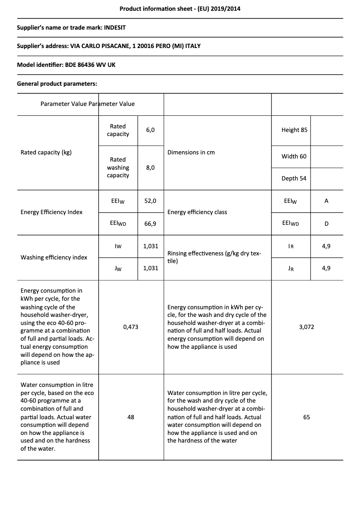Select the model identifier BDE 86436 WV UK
click(x=90, y=65)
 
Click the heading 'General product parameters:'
click(x=57, y=83)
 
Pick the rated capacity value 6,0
click(x=150, y=130)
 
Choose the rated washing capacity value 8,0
click(x=150, y=167)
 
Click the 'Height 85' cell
click(x=294, y=130)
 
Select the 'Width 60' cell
click(x=294, y=156)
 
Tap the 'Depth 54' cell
click(x=294, y=178)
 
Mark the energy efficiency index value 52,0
click(x=150, y=201)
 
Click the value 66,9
click(x=150, y=223)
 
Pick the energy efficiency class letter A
click(x=326, y=201)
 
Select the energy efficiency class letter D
click(x=326, y=223)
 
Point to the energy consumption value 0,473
click(x=131, y=327)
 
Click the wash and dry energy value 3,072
click(x=307, y=327)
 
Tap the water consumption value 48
click(x=131, y=417)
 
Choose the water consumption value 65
click(x=307, y=417)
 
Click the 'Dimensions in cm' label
click(x=191, y=152)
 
